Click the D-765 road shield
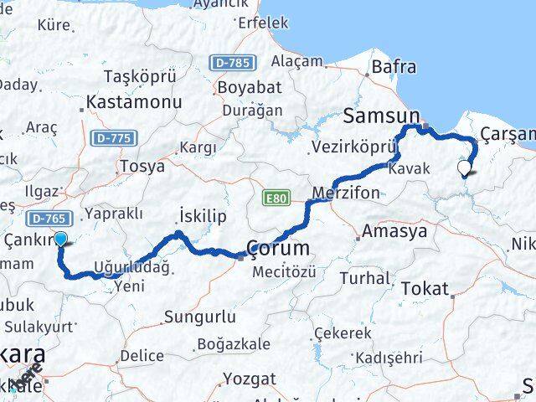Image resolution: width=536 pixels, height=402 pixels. [x=46, y=219]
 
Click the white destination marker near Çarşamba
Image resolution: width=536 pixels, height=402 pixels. [x=465, y=167]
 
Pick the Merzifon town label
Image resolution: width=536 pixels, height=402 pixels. [x=345, y=193]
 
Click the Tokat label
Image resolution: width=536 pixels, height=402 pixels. [x=425, y=288]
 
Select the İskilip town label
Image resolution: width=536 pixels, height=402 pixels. [x=204, y=215]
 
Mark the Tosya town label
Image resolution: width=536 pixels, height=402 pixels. [x=142, y=166]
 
